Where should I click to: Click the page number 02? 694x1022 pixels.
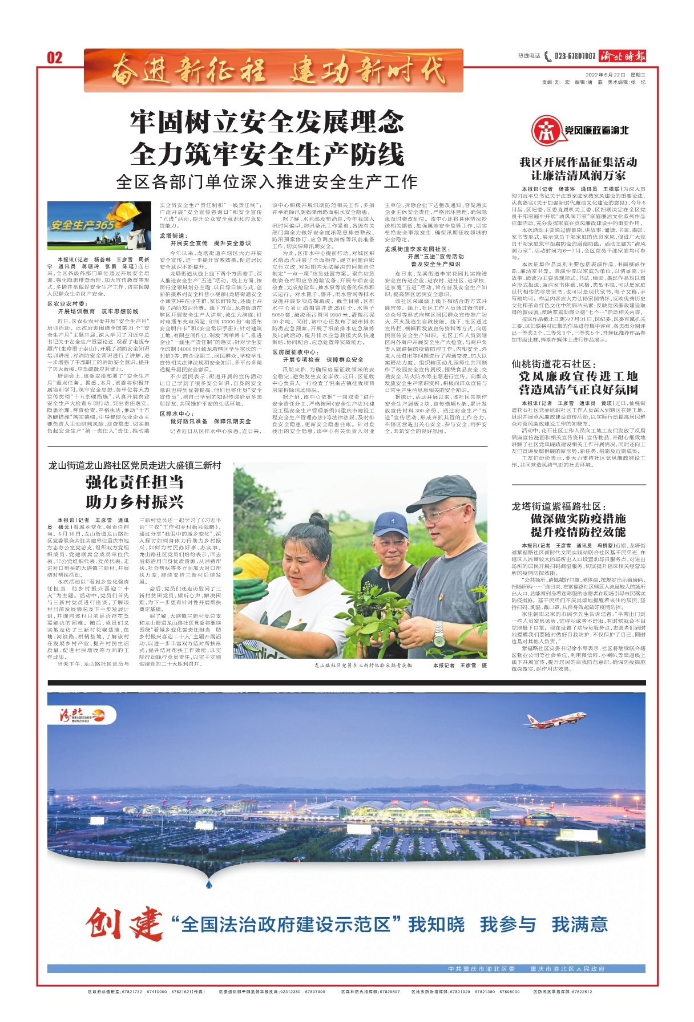click(54, 58)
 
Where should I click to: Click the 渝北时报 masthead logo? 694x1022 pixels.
click(623, 56)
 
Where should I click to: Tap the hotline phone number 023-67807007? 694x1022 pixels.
click(574, 56)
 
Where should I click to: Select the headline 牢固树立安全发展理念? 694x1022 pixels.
click(267, 121)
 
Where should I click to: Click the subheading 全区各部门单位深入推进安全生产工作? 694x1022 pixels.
click(267, 182)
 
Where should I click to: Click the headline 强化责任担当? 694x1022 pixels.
click(135, 482)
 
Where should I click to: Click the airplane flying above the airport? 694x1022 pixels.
click(547, 721)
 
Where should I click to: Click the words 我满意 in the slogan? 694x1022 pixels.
click(579, 924)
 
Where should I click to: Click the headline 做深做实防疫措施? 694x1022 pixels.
click(578, 518)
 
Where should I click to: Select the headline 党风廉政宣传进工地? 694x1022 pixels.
click(578, 376)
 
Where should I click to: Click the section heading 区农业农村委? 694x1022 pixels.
click(68, 304)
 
